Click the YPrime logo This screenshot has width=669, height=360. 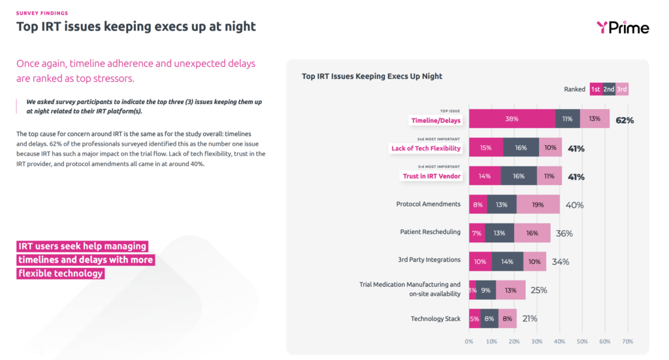[622, 27]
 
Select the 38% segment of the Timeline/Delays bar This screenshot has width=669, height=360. [512, 120]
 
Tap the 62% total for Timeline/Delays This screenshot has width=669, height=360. [625, 120]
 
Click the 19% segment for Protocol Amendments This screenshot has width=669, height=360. [538, 205]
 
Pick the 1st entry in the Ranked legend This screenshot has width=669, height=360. [595, 90]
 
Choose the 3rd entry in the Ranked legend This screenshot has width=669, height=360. [622, 90]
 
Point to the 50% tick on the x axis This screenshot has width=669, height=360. [582, 341]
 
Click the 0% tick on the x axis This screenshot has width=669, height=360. [468, 341]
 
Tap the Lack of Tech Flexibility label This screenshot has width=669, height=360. [426, 148]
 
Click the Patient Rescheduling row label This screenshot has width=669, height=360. [430, 232]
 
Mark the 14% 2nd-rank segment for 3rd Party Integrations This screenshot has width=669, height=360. [508, 261]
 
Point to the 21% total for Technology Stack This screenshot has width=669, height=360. [530, 319]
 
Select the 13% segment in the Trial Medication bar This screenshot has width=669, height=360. [510, 290]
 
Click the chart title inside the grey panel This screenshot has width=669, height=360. [372, 76]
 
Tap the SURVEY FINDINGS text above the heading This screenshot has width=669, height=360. [42, 13]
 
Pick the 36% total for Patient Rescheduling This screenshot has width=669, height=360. [564, 233]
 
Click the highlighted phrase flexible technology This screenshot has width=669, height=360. [61, 274]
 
